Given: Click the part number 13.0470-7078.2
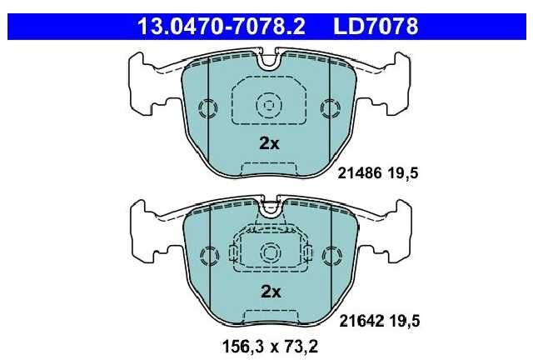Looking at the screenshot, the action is click(222, 27).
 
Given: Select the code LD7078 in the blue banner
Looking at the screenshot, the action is click(376, 27).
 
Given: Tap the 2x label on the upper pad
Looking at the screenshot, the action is click(269, 143).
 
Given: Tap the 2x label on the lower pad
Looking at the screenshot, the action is click(271, 292).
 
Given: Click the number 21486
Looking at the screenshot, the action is click(360, 173).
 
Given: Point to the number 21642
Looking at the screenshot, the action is click(361, 321).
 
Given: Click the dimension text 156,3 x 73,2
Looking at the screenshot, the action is click(270, 347).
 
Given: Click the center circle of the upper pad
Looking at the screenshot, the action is click(269, 105).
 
